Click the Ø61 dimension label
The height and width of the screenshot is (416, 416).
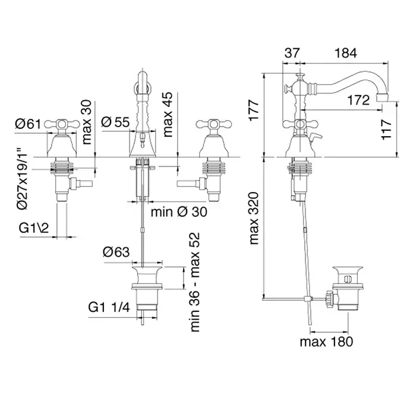(x=27, y=124)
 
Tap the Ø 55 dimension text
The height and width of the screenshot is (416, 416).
(x=115, y=122)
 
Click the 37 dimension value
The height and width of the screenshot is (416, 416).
(x=292, y=53)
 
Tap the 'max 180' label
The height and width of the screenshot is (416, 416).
(x=326, y=341)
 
